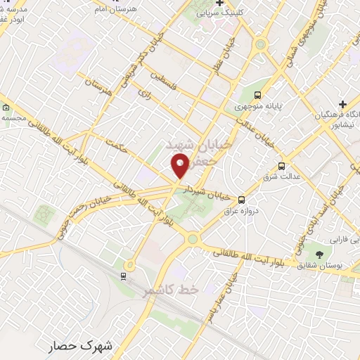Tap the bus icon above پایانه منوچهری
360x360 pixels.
258,95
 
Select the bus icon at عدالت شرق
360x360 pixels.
282,166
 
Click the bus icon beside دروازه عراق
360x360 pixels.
241,200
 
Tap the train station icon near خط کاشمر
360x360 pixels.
124,275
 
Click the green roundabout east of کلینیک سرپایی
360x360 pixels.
261,44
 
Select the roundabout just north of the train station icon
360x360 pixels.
129,264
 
